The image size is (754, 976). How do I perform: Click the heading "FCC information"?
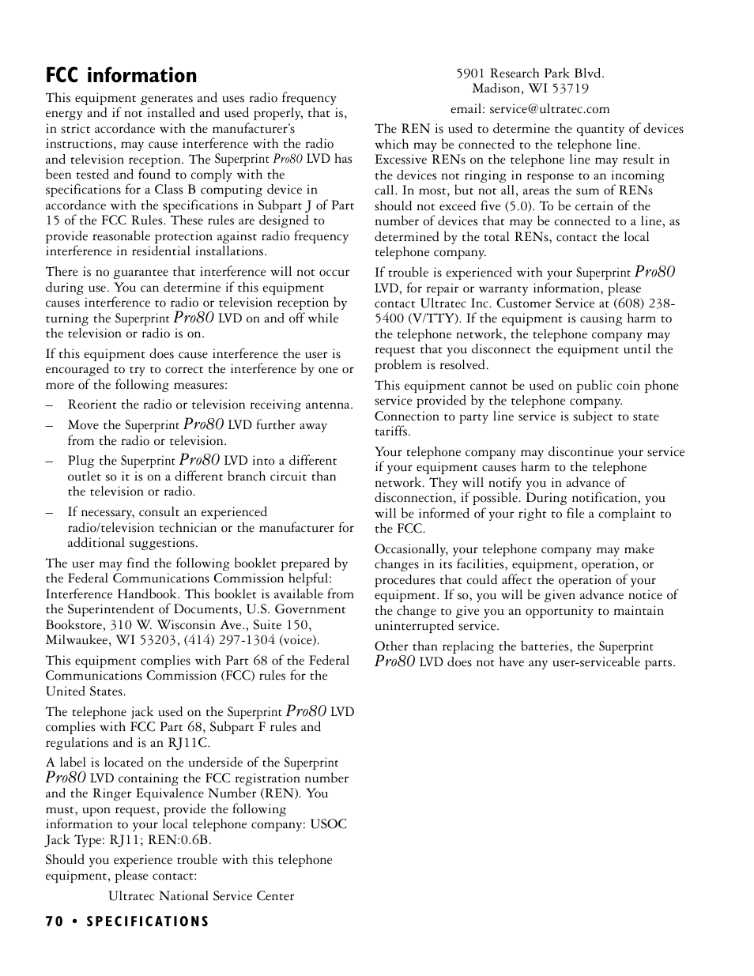pos(121,75)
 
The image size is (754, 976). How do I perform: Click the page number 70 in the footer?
pos(53,921)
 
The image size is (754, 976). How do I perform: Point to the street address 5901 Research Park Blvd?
pos(530,73)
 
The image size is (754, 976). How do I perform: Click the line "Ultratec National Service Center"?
pos(201,896)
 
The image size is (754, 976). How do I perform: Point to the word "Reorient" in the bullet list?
pos(92,405)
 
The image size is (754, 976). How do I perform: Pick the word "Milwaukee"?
pos(78,640)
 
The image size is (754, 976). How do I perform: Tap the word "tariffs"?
pos(392,431)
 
